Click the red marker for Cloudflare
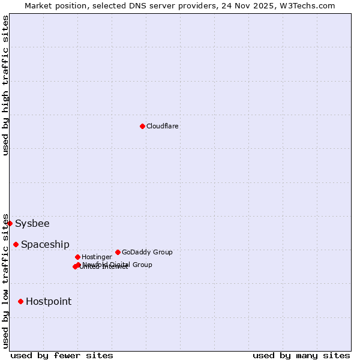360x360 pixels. click(x=142, y=126)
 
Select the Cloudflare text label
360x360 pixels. click(x=162, y=126)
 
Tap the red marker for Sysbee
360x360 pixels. click(x=10, y=223)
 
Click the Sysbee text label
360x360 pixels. click(x=32, y=224)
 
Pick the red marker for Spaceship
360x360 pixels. click(x=16, y=244)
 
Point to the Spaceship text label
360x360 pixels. click(x=45, y=245)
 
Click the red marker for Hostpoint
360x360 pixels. click(x=20, y=301)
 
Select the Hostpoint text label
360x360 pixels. click(x=49, y=302)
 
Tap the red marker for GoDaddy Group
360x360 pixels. click(x=118, y=252)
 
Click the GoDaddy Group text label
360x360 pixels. click(x=147, y=252)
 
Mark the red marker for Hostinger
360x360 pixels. click(x=77, y=257)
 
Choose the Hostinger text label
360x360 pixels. click(x=97, y=257)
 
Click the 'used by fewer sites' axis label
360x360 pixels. click(x=62, y=355)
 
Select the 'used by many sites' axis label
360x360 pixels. click(x=301, y=355)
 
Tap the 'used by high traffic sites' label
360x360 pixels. click(x=5, y=85)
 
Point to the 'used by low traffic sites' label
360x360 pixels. click(x=5, y=281)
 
